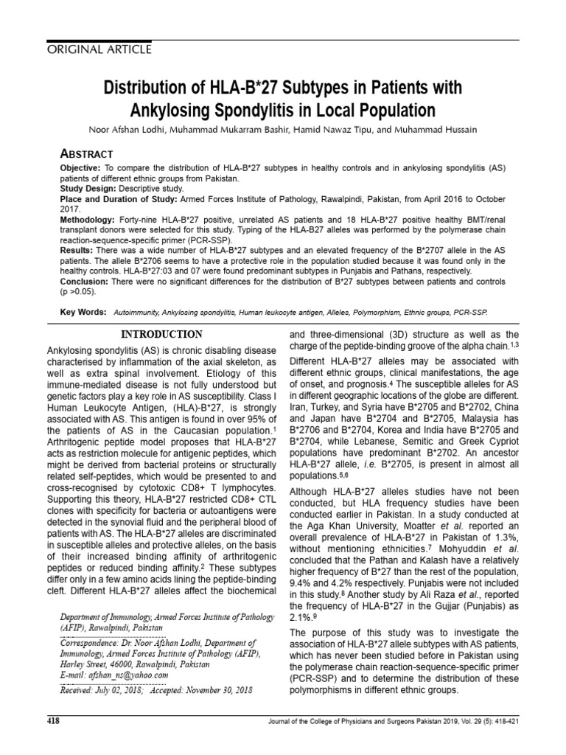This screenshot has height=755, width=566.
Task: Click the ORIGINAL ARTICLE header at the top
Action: [90, 49]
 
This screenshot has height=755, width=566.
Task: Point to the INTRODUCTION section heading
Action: [161, 335]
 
